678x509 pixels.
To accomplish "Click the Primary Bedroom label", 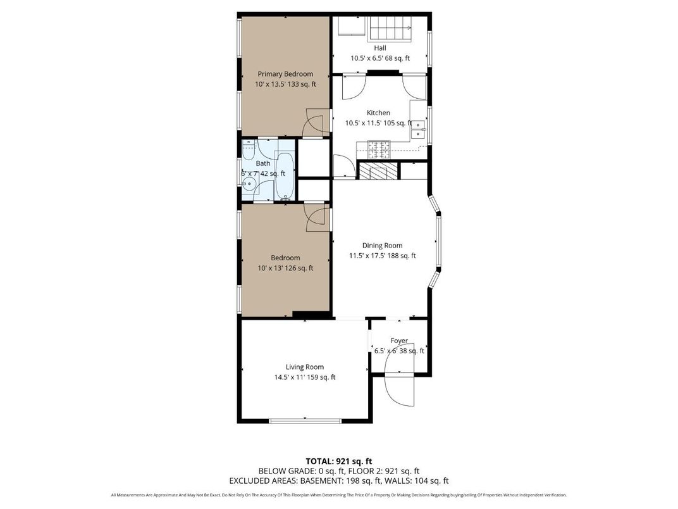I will coord(285,74).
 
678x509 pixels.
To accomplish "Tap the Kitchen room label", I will coord(378,113).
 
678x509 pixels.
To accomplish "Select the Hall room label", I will coord(379,47).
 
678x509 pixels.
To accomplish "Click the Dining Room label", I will coord(382,246).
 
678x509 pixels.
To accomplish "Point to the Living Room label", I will coord(304,367).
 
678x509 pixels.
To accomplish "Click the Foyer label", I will coord(398,341).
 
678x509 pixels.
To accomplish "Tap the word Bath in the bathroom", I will coord(262,163).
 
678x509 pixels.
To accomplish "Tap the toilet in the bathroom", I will coord(248,152).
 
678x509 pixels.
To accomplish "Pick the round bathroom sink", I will coord(250,185).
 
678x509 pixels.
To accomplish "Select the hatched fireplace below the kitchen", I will coord(379,171).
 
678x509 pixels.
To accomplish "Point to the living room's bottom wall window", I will coord(305,420).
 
